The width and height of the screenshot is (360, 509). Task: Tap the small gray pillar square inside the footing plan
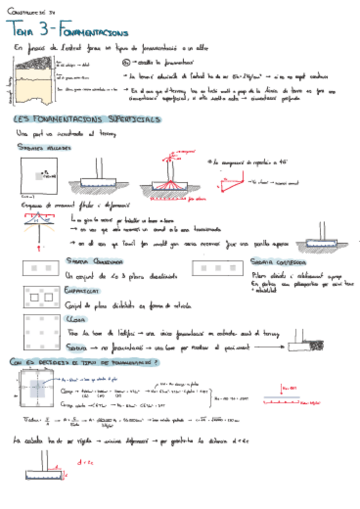click(x=38, y=176)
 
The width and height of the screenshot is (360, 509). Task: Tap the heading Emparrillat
click(x=81, y=290)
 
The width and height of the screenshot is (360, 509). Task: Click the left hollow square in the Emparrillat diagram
click(x=34, y=297)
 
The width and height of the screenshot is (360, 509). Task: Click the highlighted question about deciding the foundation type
click(x=84, y=362)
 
